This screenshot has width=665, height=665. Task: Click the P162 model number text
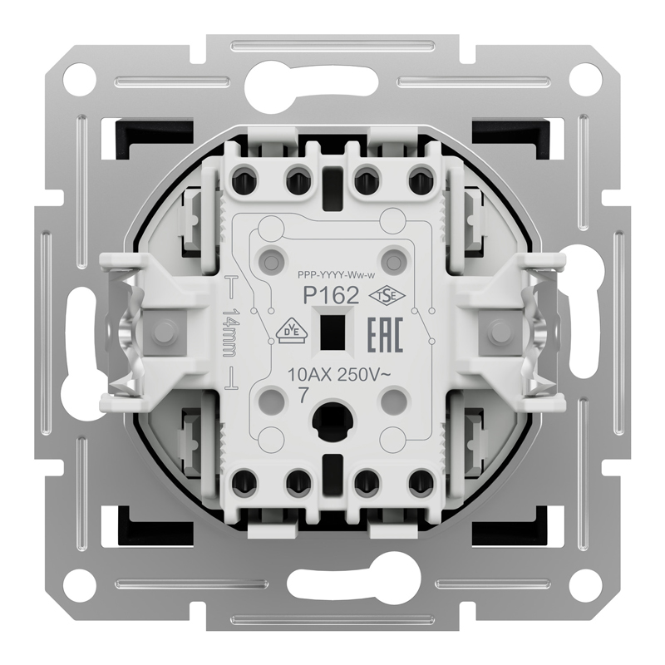pos(331,296)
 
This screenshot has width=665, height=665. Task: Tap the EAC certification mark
pos(383,334)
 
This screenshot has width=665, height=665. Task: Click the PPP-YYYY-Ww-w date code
pos(337,276)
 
